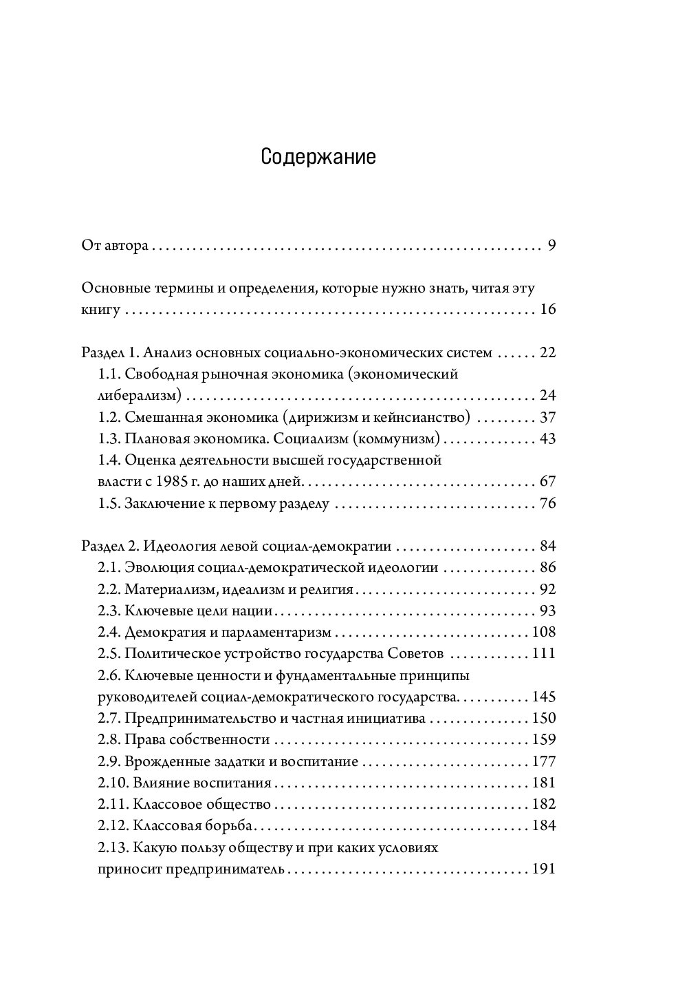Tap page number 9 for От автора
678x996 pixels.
(x=551, y=246)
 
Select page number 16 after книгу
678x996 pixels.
(x=547, y=310)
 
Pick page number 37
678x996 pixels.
(x=547, y=418)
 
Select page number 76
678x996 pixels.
(x=547, y=503)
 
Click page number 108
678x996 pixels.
(x=544, y=632)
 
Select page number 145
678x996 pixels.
(x=544, y=697)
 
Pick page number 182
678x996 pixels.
(x=544, y=804)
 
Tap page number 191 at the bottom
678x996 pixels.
(x=544, y=869)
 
